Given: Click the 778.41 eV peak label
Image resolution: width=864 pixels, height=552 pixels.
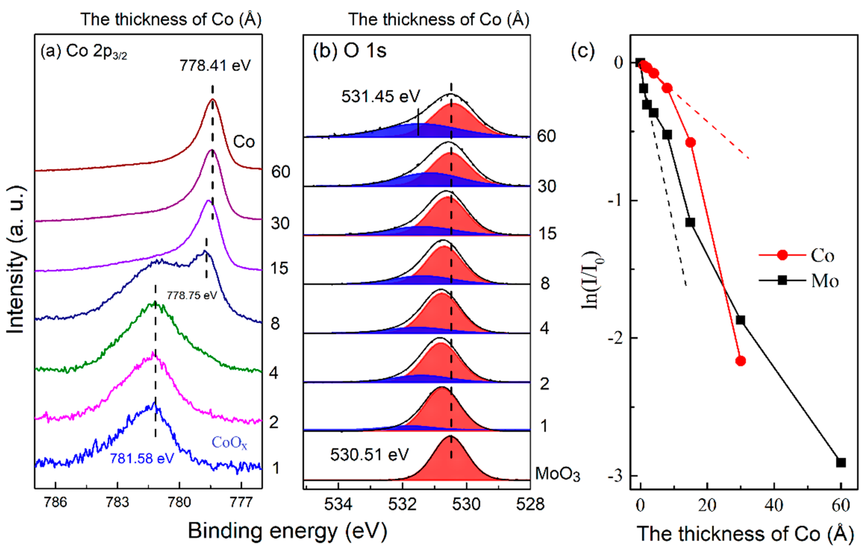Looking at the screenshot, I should (215, 66).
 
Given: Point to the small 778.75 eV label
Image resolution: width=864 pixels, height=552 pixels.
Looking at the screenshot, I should (192, 295).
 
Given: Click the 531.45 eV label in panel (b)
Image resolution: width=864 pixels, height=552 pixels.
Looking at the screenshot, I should (380, 96).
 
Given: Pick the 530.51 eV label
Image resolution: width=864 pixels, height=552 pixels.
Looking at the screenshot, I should (369, 455).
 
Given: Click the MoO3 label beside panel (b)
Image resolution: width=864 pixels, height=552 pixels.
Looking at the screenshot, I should (557, 474).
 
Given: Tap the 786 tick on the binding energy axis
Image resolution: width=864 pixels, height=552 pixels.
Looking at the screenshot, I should (55, 502).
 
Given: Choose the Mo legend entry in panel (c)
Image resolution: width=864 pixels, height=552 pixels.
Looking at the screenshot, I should (825, 281).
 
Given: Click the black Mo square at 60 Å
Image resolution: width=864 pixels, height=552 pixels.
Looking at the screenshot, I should (841, 462).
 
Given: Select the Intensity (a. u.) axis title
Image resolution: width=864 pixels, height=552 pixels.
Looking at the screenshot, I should (16, 260).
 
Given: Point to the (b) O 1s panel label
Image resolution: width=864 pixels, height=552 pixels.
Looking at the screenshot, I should (349, 51).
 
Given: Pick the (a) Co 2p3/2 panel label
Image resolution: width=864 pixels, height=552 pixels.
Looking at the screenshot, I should (84, 52).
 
